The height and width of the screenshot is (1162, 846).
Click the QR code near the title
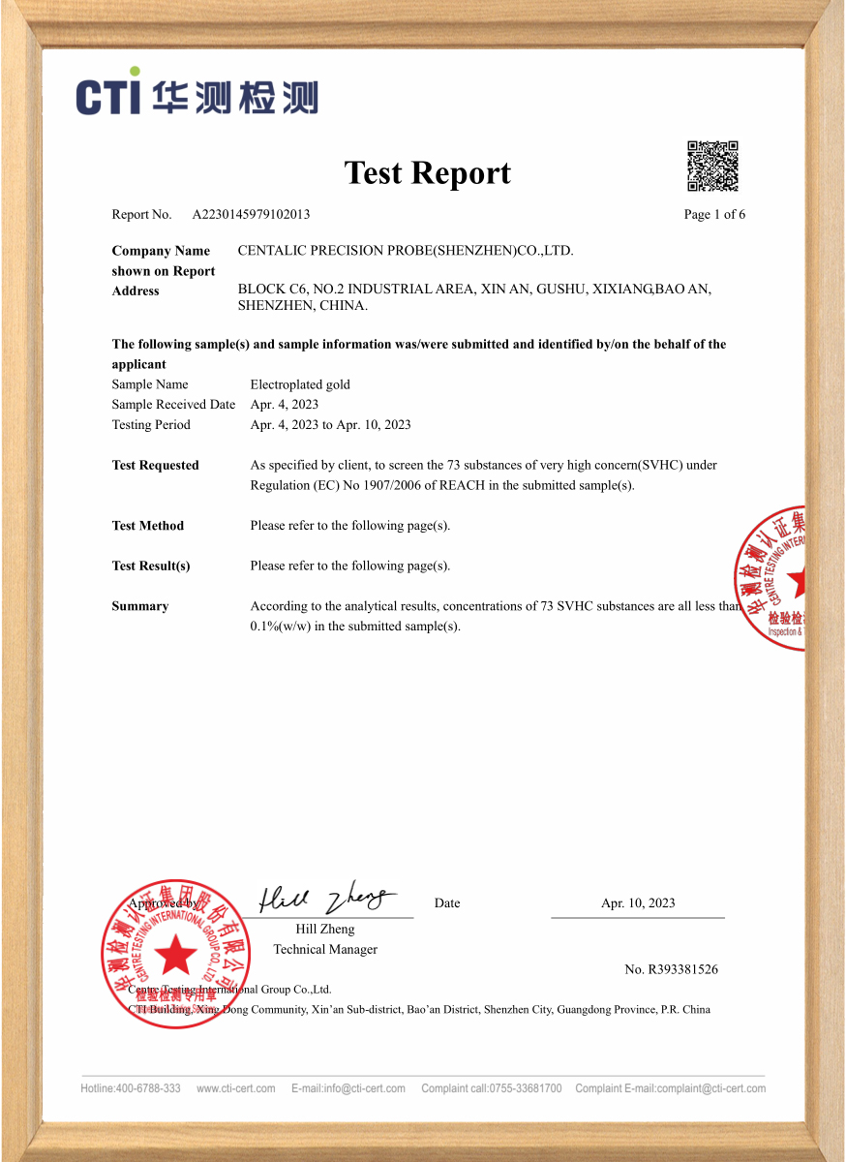point(712,167)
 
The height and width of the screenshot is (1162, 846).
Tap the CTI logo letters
point(109,97)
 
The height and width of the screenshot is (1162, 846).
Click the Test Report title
point(427,172)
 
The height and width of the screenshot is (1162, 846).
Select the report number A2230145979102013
point(251,214)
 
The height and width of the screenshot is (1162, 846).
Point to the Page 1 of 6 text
point(714,214)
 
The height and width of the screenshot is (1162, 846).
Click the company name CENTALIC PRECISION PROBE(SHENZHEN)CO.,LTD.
point(406,251)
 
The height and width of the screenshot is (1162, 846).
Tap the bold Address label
point(136,290)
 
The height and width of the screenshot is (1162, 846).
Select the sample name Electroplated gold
point(300,384)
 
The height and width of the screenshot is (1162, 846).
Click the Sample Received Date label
point(173,405)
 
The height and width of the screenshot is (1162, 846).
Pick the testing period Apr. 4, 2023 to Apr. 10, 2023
point(330,425)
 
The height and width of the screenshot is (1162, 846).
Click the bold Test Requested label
point(155,465)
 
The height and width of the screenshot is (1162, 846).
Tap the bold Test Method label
point(147,526)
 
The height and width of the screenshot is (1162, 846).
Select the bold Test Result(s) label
point(151,566)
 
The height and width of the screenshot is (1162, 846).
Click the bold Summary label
point(140,606)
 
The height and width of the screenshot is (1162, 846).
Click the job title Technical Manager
point(325,949)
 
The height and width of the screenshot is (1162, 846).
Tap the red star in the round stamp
point(176,955)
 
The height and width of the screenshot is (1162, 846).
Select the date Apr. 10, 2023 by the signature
point(638,903)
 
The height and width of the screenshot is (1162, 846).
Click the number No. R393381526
point(671,969)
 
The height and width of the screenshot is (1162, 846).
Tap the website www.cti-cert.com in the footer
point(235,1088)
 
